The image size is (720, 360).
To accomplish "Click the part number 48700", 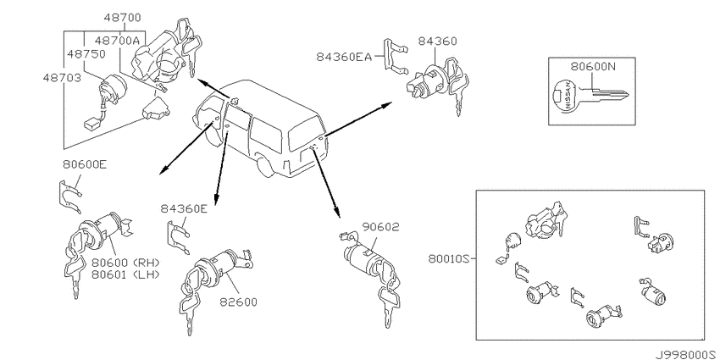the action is (122, 18).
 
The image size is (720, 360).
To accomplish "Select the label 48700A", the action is (117, 40).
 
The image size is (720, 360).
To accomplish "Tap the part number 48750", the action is (86, 53).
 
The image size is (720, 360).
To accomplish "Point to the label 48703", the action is (62, 78).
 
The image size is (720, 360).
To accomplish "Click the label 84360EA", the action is (343, 57).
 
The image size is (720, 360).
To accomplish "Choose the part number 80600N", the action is (592, 67).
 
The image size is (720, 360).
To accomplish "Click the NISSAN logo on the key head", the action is (568, 95).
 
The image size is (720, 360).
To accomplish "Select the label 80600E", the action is (85, 164).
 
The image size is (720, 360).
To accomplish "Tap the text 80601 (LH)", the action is (125, 274).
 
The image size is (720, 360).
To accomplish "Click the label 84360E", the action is (183, 209).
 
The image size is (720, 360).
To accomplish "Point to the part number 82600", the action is (238, 302).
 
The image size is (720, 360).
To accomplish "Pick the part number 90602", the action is (380, 226).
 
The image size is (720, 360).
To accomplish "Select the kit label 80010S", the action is (448, 259).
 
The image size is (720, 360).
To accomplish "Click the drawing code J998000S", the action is (686, 355).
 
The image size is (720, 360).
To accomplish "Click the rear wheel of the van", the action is (263, 167).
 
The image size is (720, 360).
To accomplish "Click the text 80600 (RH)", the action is (125, 263).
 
